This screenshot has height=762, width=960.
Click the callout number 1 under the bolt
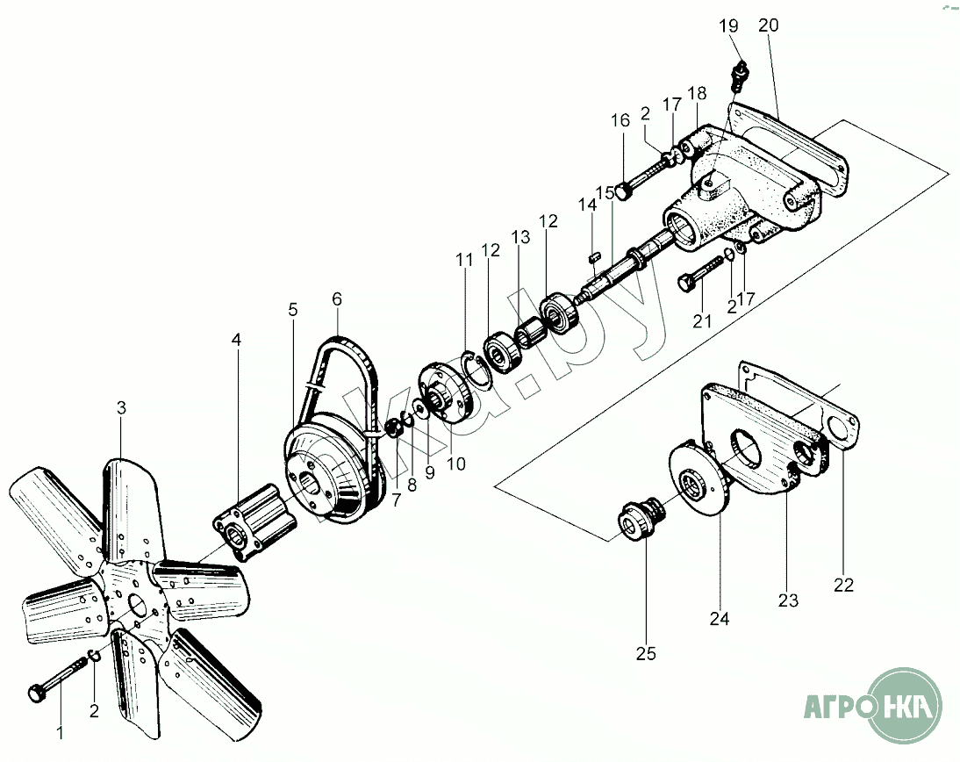[x=61, y=732]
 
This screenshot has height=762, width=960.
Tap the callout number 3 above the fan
[x=122, y=407]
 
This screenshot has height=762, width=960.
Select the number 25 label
[x=646, y=653]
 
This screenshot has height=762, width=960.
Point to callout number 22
[x=844, y=585]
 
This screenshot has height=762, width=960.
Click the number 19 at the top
[x=730, y=26]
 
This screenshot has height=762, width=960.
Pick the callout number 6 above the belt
[x=337, y=298]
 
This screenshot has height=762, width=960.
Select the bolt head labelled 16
[x=621, y=190]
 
